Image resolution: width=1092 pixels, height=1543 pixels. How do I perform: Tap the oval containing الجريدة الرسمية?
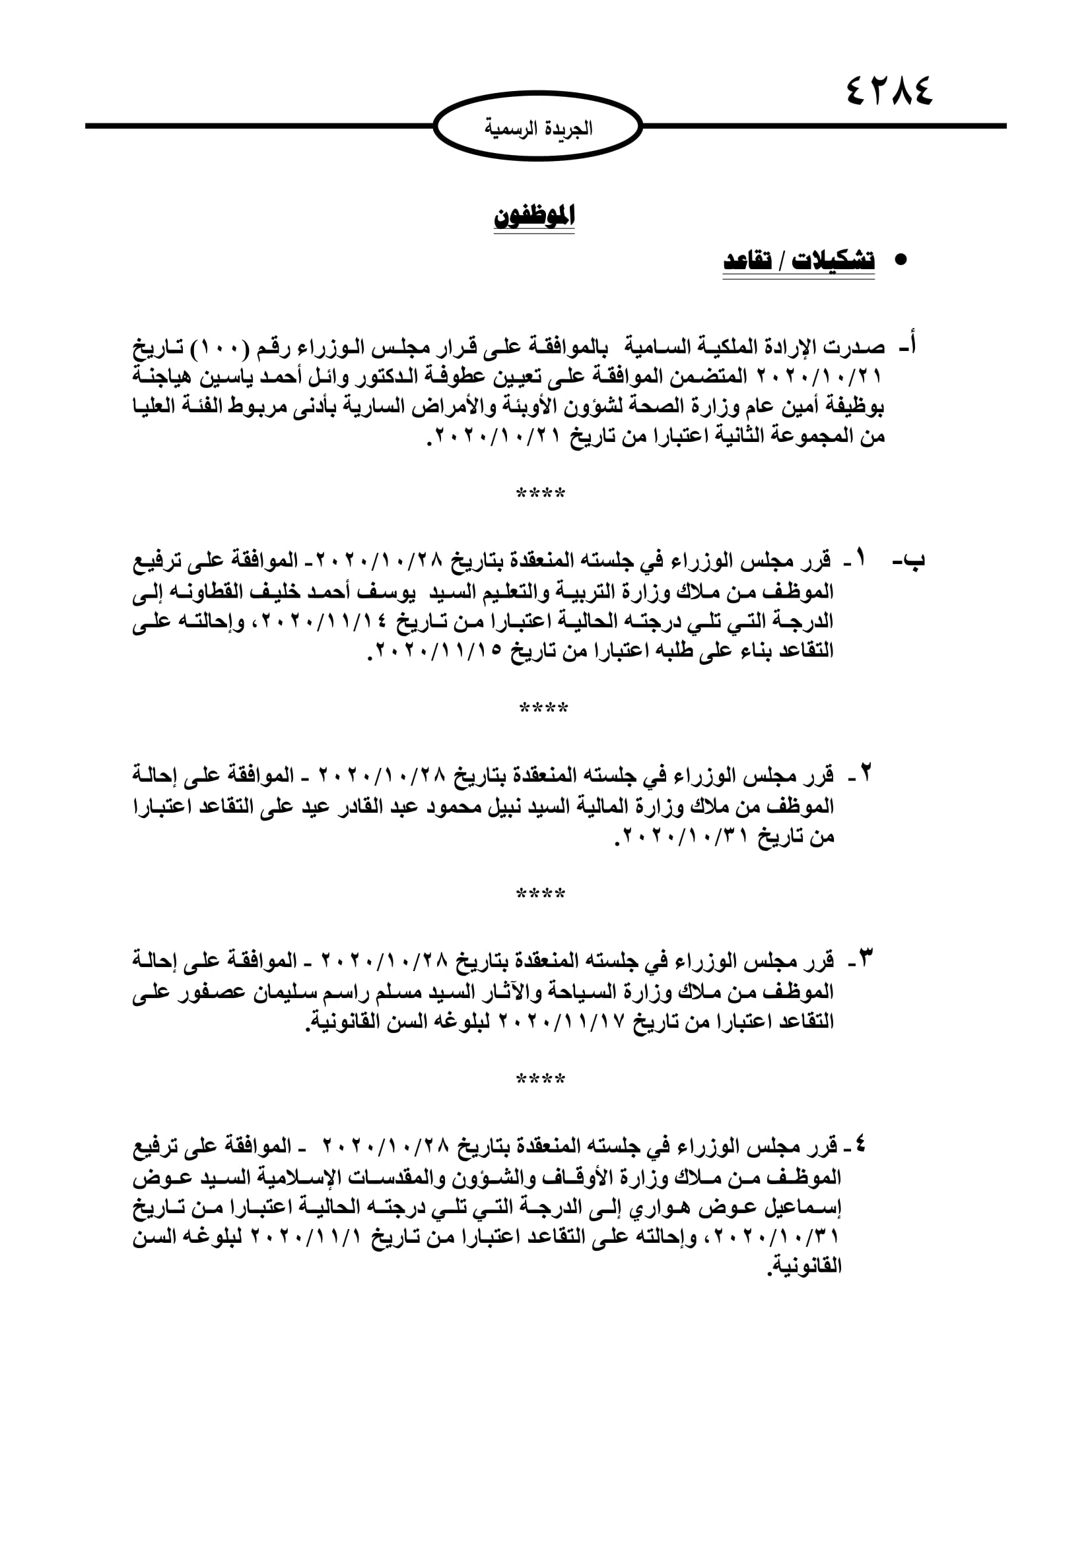538,127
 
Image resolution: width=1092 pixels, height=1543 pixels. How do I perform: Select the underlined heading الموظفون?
535,216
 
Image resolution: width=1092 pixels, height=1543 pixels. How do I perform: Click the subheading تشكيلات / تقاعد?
799,261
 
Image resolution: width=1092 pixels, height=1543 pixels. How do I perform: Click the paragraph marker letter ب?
915,560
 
